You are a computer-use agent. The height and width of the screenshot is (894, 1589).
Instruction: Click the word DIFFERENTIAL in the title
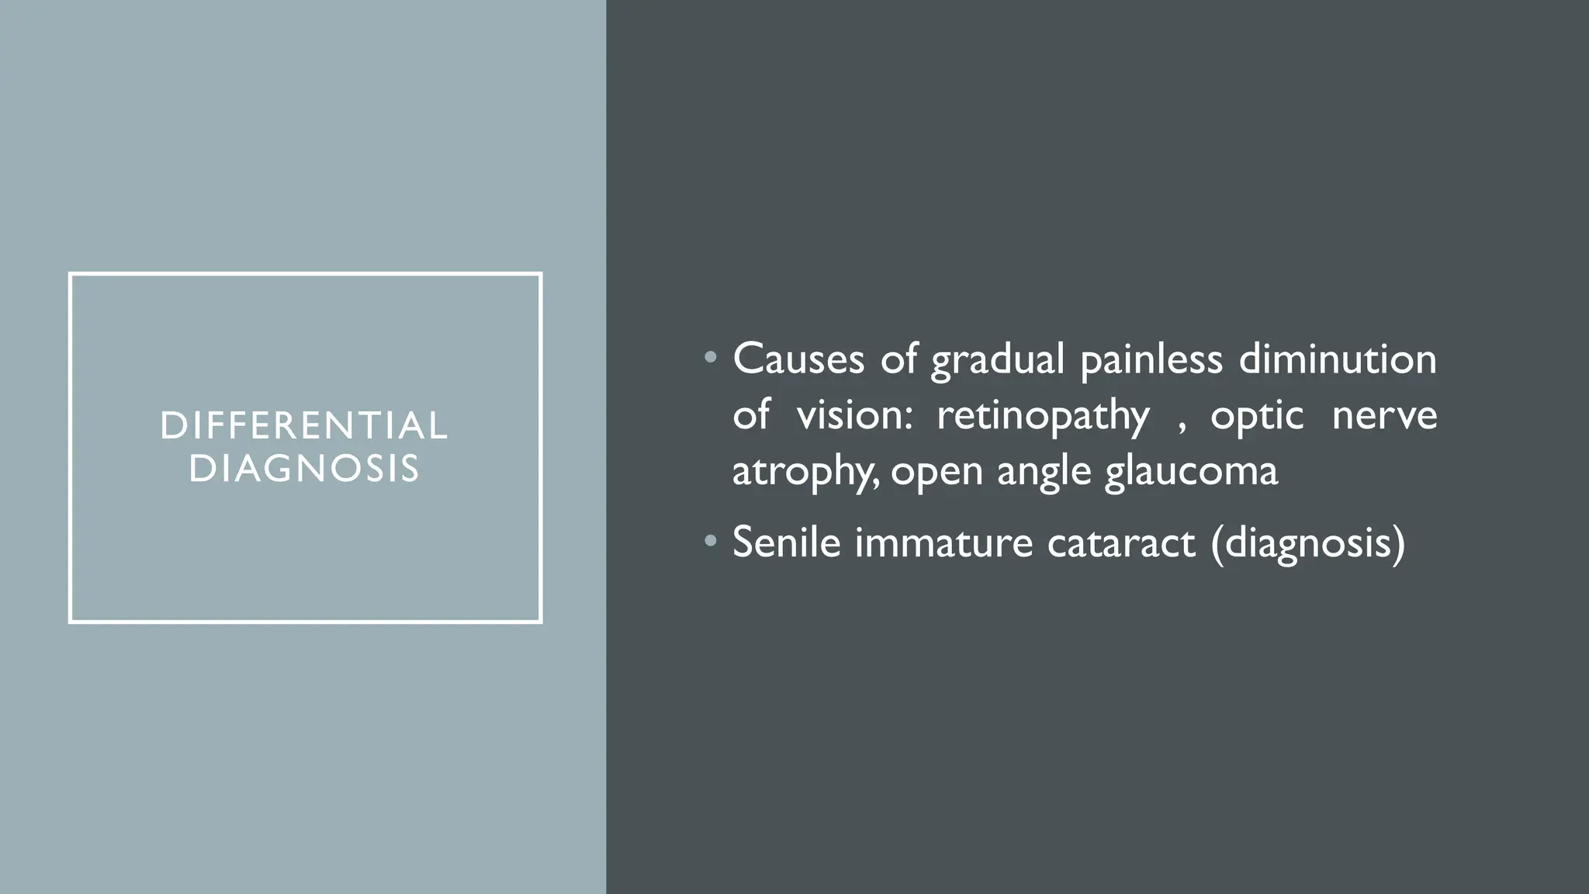(304, 426)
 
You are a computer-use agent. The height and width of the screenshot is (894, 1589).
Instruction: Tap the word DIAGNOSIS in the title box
(304, 469)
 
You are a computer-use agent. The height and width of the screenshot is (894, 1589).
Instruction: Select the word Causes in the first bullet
(798, 359)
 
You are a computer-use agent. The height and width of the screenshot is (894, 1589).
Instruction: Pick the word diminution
(1338, 359)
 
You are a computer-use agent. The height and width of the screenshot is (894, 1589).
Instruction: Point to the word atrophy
(803, 472)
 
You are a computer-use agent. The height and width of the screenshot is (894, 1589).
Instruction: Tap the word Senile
(786, 542)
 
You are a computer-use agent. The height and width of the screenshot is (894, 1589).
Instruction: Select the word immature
(943, 542)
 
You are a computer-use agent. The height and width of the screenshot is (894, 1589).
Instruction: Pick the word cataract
(1120, 542)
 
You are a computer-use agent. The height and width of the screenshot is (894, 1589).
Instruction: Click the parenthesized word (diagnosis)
(1307, 542)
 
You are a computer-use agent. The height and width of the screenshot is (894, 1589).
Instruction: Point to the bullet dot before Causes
(710, 359)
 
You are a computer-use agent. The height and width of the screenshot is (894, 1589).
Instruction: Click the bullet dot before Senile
(710, 541)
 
